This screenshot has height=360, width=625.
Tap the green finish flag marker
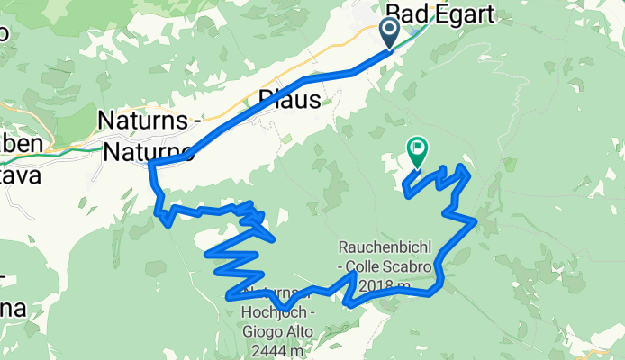[418, 149]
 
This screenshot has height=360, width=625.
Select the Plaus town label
[289, 100]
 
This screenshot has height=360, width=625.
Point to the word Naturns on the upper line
[144, 120]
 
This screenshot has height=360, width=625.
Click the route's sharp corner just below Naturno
[149, 165]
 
